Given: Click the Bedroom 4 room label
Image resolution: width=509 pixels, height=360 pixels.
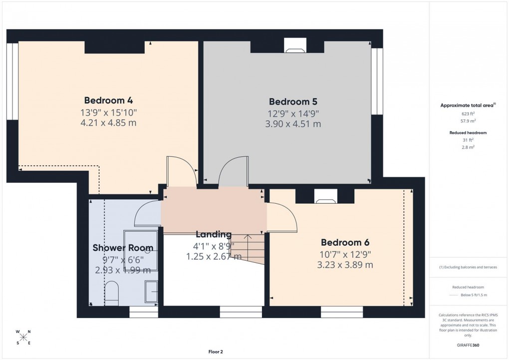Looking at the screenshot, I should (x=108, y=100).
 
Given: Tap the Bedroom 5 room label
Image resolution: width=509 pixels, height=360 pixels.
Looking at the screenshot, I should (x=293, y=101).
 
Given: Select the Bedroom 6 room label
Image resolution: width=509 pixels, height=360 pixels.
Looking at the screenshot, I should (x=345, y=243).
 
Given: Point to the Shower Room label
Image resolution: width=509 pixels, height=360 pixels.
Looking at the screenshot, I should (x=123, y=248).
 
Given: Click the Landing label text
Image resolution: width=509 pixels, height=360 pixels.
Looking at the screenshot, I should (x=214, y=234).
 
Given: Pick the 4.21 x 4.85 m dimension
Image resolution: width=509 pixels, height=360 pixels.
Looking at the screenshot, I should (x=108, y=122).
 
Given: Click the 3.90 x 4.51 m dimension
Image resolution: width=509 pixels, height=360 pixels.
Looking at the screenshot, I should (x=293, y=124).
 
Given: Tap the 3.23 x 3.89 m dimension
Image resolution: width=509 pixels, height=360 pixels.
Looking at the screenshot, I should (x=345, y=265).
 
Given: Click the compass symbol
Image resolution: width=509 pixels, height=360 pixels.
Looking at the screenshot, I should (x=23, y=337).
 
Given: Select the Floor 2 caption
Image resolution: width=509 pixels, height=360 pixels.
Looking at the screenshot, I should (x=216, y=352).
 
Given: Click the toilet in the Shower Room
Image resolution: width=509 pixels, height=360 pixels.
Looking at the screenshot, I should (x=112, y=293).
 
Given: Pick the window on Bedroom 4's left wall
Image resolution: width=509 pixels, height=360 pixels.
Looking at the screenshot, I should (x=12, y=81).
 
